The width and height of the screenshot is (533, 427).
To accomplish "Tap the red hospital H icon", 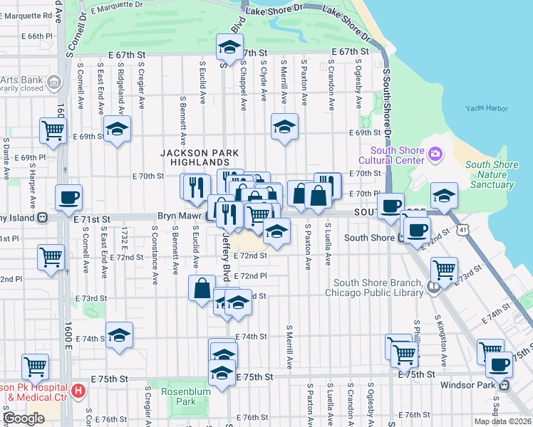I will (78, 390).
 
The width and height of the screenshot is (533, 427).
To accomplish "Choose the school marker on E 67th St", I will (229, 48).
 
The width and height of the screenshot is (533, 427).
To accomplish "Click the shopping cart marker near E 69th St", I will (53, 130).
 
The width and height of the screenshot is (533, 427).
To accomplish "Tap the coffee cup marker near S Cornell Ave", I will (69, 197).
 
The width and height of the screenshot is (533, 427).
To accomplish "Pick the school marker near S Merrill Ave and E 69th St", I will (284, 127).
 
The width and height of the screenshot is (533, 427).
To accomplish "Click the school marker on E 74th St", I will (119, 334).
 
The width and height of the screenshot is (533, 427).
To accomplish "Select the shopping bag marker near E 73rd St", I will (202, 288).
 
